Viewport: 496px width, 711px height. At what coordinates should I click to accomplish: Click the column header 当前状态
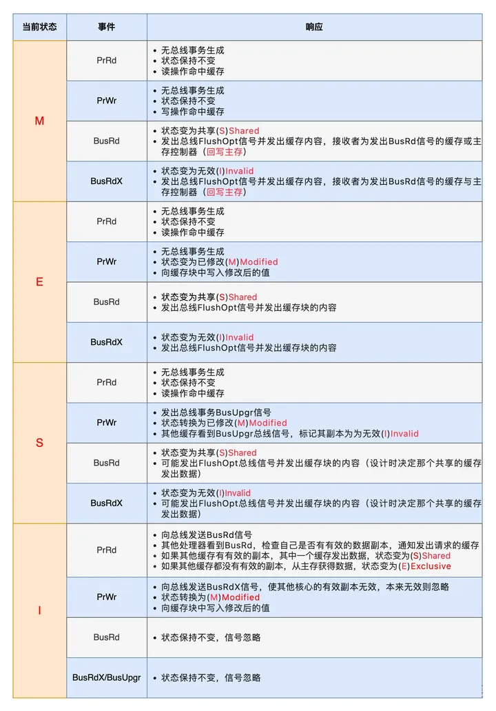[39, 27]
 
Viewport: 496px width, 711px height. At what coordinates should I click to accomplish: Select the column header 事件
[106, 27]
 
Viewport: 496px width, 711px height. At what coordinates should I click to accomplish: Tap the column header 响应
[314, 27]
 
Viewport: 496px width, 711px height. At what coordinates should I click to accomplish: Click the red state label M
[39, 121]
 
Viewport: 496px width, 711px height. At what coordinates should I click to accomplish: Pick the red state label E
[39, 281]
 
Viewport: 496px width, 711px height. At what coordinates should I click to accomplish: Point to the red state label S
[39, 442]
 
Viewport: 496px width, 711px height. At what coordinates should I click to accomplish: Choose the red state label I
[39, 610]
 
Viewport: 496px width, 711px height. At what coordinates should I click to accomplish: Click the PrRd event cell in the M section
[106, 60]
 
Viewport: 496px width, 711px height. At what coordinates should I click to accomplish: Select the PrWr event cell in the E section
[106, 261]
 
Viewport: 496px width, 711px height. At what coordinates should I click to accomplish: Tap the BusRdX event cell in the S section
[106, 503]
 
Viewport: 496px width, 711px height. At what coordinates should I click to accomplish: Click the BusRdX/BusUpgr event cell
[106, 677]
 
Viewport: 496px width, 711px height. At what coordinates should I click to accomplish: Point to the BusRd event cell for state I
[106, 637]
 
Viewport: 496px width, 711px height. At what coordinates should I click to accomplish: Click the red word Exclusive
[431, 566]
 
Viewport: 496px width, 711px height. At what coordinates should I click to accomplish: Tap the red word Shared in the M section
[244, 131]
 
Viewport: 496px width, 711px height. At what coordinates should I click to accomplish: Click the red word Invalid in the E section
[239, 337]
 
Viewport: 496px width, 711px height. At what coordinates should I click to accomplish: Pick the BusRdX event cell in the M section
[106, 181]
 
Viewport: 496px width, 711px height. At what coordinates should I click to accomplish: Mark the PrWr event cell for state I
[106, 597]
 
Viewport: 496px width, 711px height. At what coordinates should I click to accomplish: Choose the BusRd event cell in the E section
[106, 301]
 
